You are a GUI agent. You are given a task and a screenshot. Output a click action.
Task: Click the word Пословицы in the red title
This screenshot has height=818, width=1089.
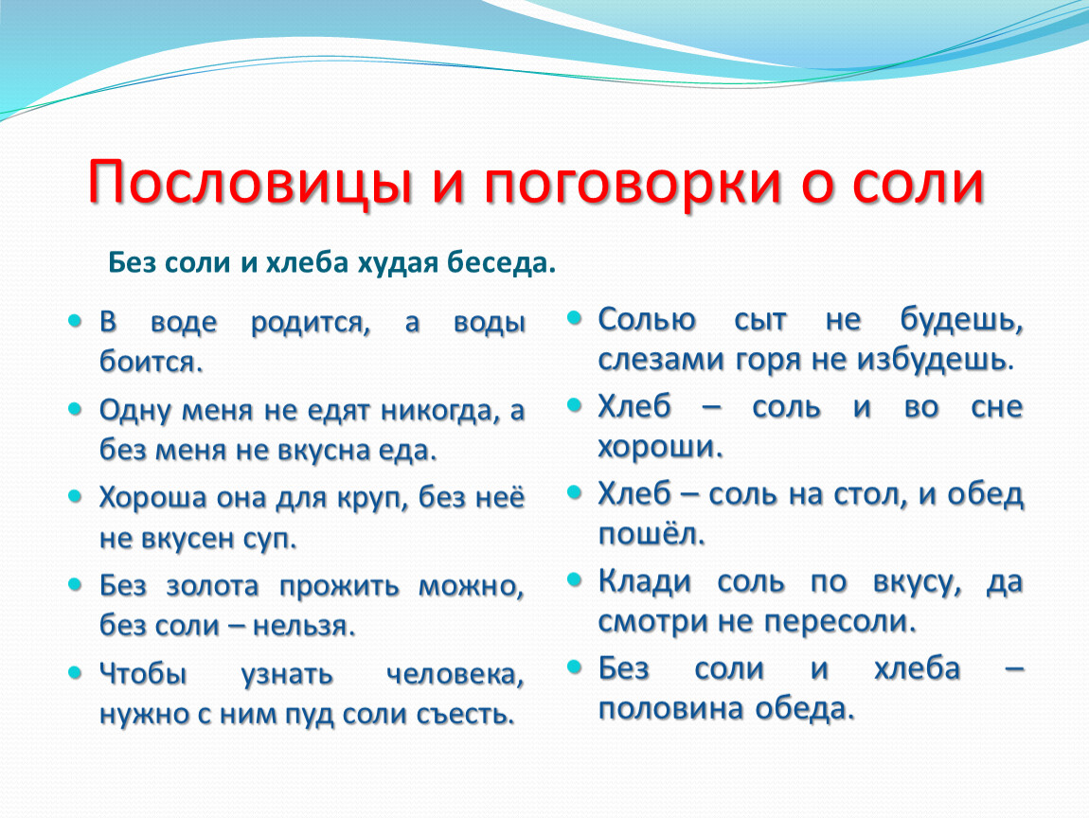[x=251, y=183]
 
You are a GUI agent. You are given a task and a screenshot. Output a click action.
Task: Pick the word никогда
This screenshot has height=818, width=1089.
[x=440, y=411]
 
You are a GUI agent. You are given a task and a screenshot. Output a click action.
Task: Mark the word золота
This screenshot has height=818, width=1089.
[x=212, y=586]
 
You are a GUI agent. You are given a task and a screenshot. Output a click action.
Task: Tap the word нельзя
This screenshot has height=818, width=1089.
[x=304, y=626]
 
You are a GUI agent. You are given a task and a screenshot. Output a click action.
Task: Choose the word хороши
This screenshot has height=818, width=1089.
[x=661, y=448]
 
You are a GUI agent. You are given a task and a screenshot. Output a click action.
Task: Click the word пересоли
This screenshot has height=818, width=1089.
[x=842, y=621]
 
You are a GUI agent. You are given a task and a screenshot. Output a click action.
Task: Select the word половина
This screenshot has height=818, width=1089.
[x=672, y=709]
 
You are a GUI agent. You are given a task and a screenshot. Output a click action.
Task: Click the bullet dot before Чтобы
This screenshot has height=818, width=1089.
[x=75, y=671]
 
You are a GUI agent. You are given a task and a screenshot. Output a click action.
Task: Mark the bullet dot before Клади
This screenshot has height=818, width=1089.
[x=574, y=579]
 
